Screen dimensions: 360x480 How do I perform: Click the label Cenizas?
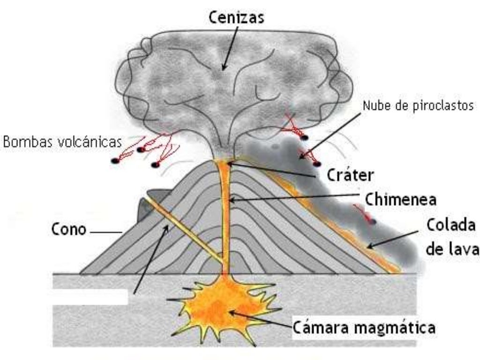pyautogui.click(x=236, y=17)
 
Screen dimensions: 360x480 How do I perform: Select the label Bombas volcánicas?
pyautogui.click(x=63, y=142)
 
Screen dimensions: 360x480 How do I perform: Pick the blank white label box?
pyautogui.click(x=90, y=297)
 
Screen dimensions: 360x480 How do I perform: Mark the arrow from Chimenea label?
pyautogui.click(x=295, y=197)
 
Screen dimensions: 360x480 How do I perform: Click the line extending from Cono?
pyautogui.click(x=105, y=231)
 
